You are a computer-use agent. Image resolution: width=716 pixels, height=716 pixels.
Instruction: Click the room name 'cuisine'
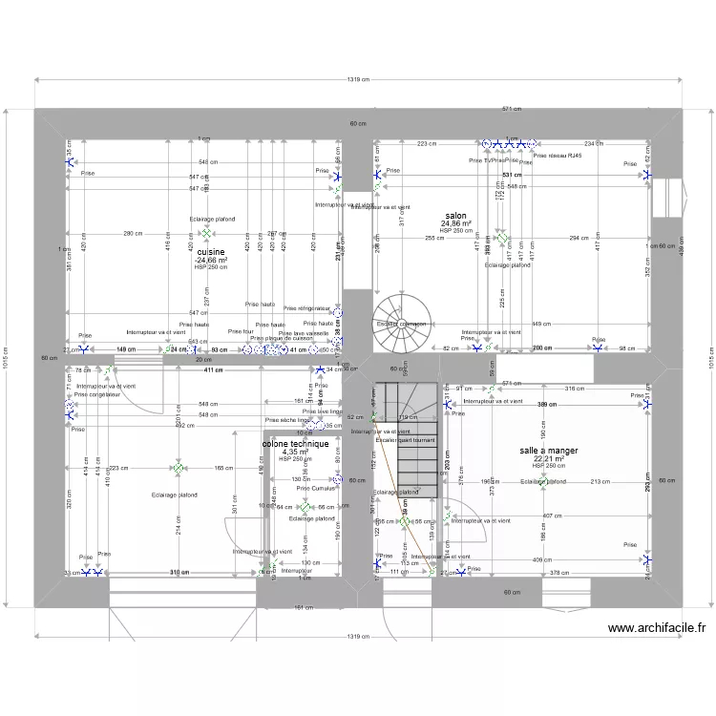click(210, 252)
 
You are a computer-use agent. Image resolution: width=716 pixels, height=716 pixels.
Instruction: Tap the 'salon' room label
click(455, 216)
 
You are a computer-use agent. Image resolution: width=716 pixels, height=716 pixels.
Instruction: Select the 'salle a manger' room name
click(549, 450)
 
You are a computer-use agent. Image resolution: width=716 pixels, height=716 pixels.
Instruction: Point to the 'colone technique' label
click(295, 444)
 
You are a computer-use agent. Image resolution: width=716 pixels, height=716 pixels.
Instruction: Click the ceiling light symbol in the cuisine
click(205, 233)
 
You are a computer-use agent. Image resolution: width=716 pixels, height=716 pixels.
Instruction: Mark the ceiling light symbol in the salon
click(503, 237)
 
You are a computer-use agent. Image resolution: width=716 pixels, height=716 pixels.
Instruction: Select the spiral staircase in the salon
click(400, 315)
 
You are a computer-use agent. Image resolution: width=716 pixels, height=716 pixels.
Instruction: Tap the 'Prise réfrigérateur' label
click(305, 308)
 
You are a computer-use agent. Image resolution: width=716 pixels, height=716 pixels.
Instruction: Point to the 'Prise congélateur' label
click(97, 394)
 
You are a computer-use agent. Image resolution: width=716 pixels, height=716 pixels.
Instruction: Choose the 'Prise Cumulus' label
click(316, 488)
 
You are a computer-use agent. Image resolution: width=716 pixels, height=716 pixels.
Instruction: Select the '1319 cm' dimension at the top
click(358, 81)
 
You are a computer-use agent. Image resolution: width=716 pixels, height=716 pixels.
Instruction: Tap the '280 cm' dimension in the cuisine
click(132, 234)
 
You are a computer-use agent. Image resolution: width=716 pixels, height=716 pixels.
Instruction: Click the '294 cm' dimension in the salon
click(579, 237)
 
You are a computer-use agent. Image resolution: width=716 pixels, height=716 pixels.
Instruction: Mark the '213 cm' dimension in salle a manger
click(599, 482)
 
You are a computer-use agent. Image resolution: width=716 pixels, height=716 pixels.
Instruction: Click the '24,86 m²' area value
click(455, 224)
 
